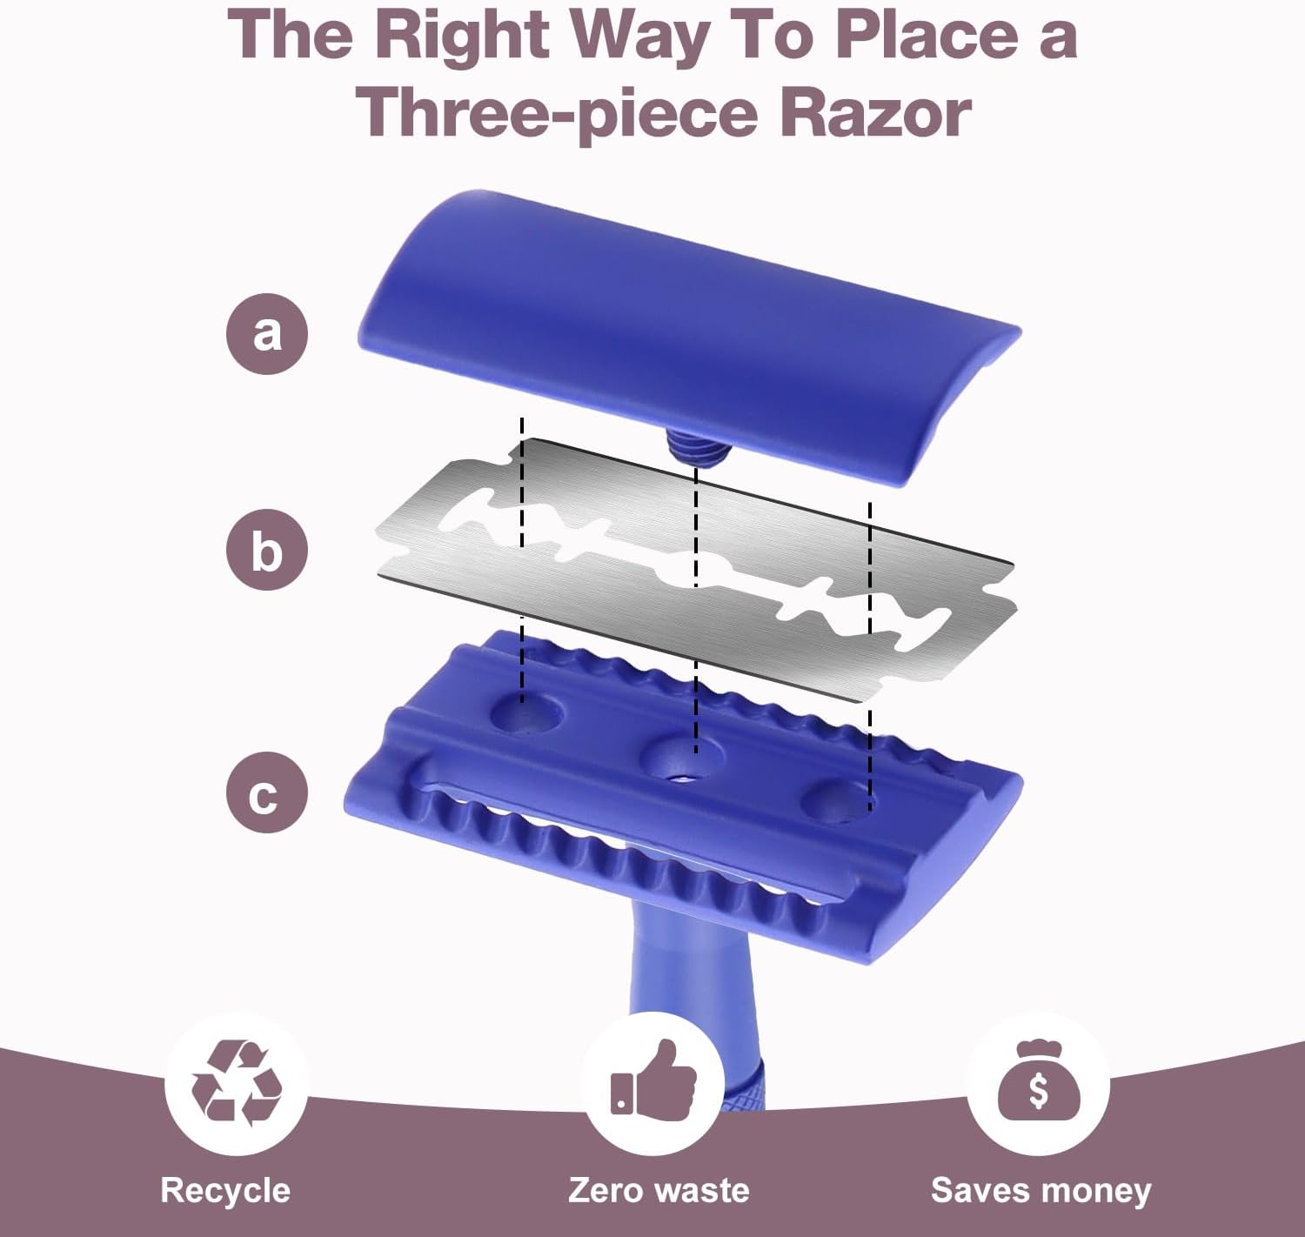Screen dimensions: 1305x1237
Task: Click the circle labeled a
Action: pos(267,334)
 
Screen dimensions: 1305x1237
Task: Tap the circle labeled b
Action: pos(267,550)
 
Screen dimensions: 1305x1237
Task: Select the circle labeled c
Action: pos(267,792)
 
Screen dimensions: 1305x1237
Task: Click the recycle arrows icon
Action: pos(237,1083)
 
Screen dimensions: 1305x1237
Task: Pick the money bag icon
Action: pos(1039,1081)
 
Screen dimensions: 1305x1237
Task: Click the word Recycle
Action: pos(225,1191)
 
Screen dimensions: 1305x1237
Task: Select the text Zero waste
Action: pos(659,1190)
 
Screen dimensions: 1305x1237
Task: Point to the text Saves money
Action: pos(1041,1191)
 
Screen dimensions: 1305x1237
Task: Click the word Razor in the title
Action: pos(875,114)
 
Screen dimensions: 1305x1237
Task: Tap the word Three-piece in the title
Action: pos(556,115)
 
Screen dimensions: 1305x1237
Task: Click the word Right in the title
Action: pos(462,37)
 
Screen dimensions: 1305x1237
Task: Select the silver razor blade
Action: pos(696,570)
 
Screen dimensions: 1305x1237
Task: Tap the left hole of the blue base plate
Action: pos(527,714)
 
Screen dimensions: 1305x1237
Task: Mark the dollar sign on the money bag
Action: pos(1038,1091)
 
